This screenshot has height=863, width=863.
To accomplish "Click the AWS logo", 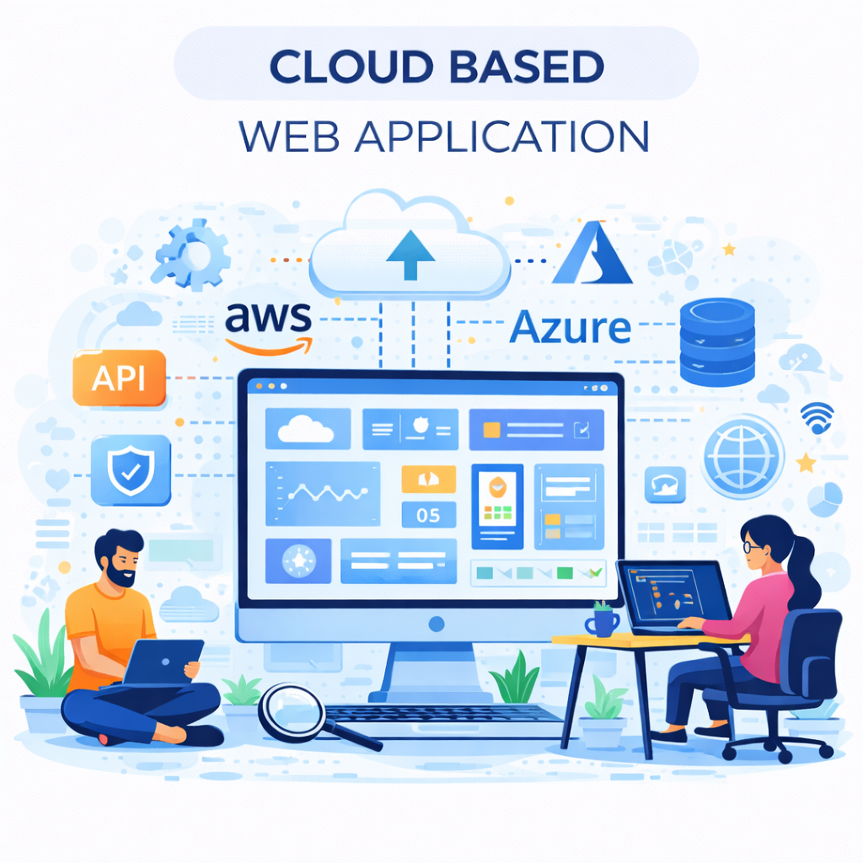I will (269, 328).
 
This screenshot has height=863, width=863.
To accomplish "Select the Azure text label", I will (570, 327).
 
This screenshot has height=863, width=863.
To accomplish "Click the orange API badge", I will (119, 378).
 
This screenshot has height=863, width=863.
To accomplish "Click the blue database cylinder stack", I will (716, 342).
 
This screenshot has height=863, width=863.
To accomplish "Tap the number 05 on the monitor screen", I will (428, 515).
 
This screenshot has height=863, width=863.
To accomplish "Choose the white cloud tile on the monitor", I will (308, 429).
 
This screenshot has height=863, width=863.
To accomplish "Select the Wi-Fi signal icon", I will (816, 417).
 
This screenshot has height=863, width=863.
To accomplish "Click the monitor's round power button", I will (436, 624).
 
